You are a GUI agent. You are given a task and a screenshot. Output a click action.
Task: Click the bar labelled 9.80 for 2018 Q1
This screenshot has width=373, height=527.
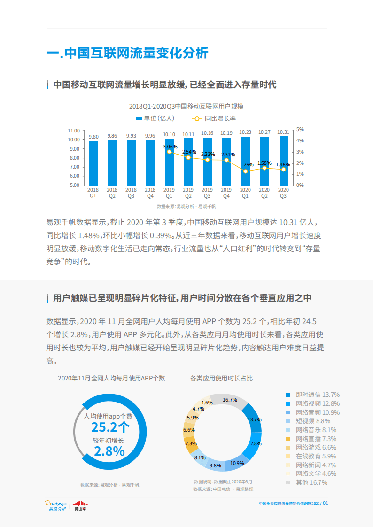93,163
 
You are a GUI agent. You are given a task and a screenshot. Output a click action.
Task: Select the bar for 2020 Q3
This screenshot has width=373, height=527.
283,161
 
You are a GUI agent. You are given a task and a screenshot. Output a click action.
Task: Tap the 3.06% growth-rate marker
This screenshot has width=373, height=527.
170,152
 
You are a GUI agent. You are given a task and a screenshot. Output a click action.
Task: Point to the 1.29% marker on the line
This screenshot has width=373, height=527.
245,171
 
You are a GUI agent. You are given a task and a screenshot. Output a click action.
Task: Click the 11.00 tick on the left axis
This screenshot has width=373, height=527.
73,131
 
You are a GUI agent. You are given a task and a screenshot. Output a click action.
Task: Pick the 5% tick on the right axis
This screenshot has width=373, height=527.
300,129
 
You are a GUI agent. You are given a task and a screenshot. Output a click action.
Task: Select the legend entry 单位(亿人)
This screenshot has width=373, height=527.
155,118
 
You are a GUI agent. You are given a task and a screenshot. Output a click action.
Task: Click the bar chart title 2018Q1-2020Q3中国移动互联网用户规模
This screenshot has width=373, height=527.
186,106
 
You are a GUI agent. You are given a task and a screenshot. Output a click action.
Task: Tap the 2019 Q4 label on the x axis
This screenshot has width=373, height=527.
226,193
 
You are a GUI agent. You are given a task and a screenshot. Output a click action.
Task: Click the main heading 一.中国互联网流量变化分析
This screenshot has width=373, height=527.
127,53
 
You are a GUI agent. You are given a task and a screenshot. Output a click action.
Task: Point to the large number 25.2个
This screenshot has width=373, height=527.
110,427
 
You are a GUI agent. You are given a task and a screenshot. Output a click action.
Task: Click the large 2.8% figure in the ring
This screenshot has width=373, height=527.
109,451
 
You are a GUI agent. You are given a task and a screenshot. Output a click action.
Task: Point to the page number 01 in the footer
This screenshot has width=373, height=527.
325,503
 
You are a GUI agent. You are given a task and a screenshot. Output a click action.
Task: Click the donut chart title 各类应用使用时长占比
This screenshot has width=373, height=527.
221,378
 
